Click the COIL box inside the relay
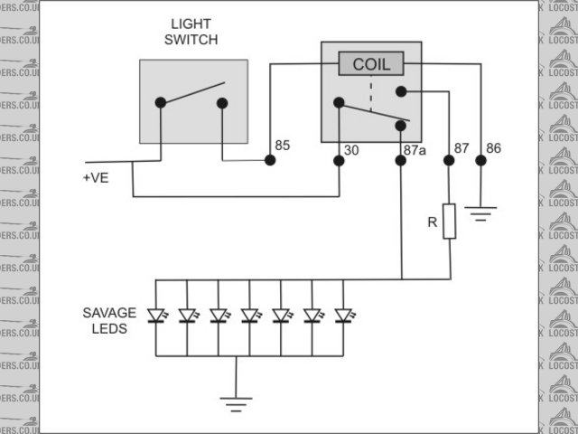pyautogui.click(x=370, y=64)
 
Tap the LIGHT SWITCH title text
pyautogui.click(x=194, y=32)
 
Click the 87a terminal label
pyautogui.click(x=415, y=151)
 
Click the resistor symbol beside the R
pyautogui.click(x=449, y=220)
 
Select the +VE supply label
pyautogui.click(x=95, y=178)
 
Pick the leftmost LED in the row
pyautogui.click(x=156, y=316)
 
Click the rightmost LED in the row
pyautogui.click(x=342, y=316)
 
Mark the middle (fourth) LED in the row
pyautogui.click(x=249, y=316)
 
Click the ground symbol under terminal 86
pyautogui.click(x=480, y=215)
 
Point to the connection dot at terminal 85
pyautogui.click(x=269, y=161)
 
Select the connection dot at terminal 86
pyautogui.click(x=480, y=161)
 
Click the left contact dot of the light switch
pyautogui.click(x=161, y=102)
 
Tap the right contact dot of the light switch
pyautogui.click(x=222, y=102)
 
